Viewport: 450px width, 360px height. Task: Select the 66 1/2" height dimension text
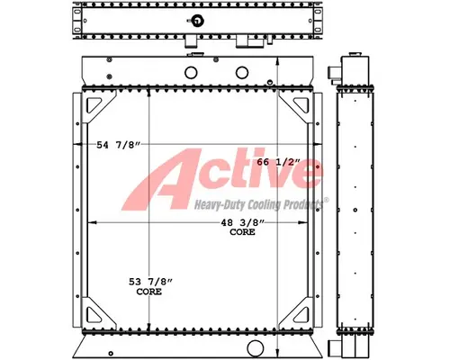pyautogui.click(x=276, y=161)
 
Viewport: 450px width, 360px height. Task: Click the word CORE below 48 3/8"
pyautogui.click(x=242, y=232)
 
